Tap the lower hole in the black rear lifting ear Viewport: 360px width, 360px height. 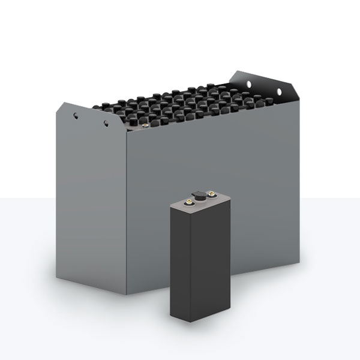pos(279,91)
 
